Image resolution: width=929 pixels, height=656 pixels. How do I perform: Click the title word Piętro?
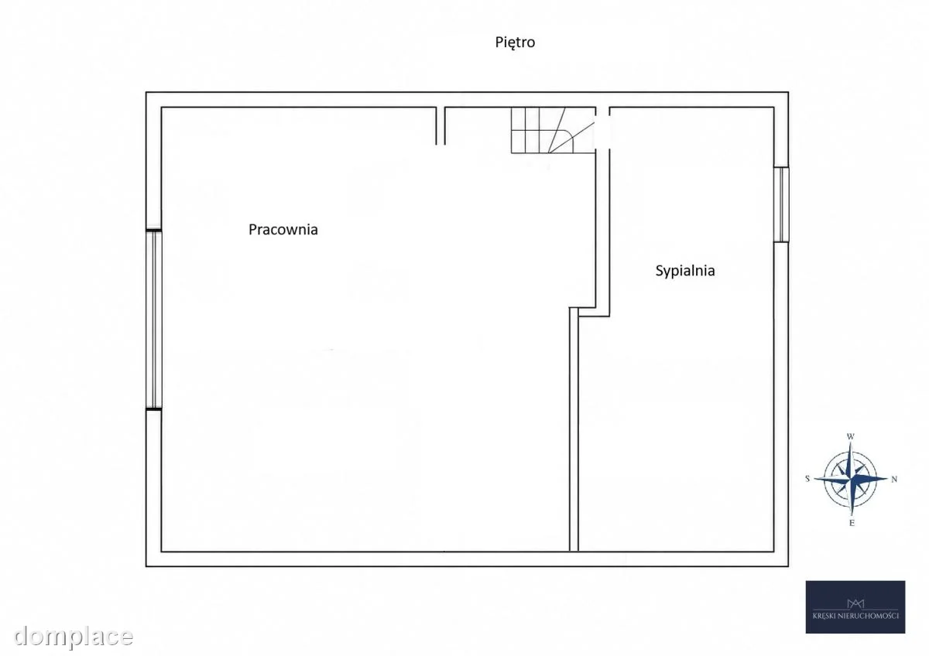(x=515, y=43)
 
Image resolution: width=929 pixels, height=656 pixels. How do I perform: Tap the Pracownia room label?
(x=283, y=229)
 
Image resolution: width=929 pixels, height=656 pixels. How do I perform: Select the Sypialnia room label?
(x=685, y=271)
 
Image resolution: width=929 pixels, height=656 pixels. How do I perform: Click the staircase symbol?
(x=554, y=130)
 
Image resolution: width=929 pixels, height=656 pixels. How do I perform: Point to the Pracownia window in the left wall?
(x=153, y=319)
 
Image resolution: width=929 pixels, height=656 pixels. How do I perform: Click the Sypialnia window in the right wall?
(x=781, y=204)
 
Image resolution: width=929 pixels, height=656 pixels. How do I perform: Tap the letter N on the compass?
(x=894, y=479)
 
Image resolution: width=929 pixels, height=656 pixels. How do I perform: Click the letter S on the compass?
(x=807, y=479)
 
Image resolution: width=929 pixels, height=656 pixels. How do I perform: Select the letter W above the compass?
(x=850, y=436)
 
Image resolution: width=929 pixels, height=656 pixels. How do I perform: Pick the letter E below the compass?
(x=852, y=523)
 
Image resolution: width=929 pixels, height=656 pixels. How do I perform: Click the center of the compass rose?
(x=851, y=479)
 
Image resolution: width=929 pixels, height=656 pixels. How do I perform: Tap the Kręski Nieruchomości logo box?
(x=855, y=606)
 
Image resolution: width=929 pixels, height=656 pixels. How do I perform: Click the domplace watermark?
(x=74, y=636)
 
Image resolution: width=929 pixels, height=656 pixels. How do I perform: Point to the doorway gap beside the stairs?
(x=602, y=130)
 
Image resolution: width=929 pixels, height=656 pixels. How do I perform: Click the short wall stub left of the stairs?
(x=441, y=125)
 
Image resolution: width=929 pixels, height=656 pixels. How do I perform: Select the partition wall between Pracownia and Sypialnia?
(x=574, y=429)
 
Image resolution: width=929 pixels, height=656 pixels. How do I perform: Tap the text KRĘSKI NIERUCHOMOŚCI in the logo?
(x=855, y=616)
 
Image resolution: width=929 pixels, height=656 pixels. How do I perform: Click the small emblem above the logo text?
(x=855, y=603)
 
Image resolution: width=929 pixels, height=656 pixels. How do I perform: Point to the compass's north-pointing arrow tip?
(x=887, y=479)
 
